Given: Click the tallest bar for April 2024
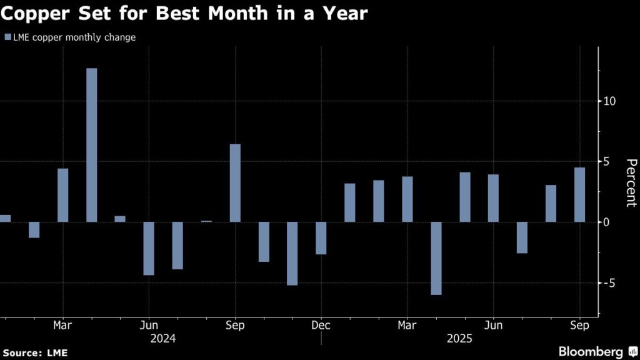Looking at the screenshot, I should click(x=91, y=145).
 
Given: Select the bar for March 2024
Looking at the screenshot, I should click(x=62, y=195).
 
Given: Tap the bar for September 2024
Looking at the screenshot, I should click(x=235, y=183).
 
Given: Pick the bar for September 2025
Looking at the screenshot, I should click(x=580, y=194).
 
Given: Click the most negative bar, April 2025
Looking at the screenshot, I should click(x=436, y=258).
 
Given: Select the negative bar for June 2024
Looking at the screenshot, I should click(x=149, y=248).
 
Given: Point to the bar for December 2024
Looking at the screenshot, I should click(x=321, y=238).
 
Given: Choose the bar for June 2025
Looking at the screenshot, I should click(x=494, y=198).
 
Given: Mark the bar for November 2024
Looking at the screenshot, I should click(x=292, y=253).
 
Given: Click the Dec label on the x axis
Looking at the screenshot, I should click(x=321, y=326).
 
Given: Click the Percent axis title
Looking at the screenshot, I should click(x=631, y=183).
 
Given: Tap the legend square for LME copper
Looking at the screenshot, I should click(x=7, y=37).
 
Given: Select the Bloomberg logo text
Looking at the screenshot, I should click(x=590, y=352).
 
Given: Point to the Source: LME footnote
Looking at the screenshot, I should click(x=34, y=353).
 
